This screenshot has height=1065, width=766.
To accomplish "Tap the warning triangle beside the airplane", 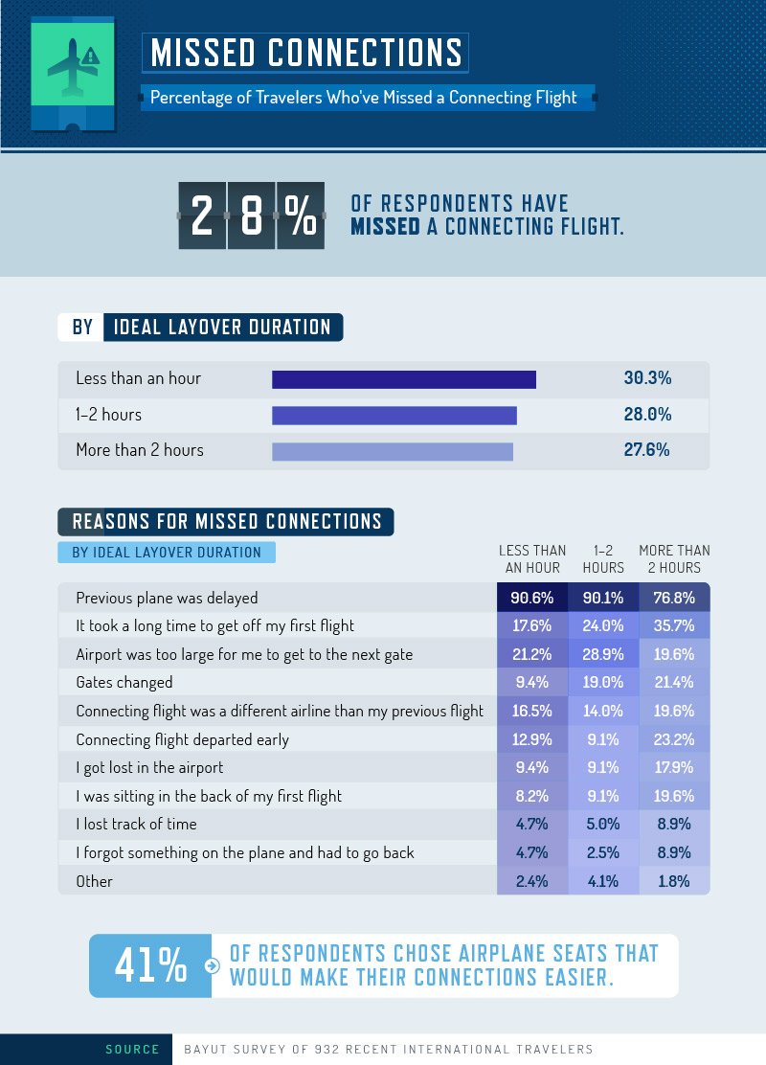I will (91, 56).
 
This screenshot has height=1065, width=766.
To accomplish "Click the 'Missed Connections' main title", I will (306, 52).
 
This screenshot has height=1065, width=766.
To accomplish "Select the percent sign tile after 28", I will (300, 216).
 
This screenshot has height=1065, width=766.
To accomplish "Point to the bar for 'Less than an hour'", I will (403, 379).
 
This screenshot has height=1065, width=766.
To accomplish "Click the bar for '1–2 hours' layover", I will (394, 416).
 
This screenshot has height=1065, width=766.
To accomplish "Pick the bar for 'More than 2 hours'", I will (392, 451).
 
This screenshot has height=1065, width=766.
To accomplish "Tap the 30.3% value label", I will (647, 378).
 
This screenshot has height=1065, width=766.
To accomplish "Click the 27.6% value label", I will (647, 450).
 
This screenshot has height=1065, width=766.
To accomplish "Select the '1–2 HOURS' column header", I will (603, 559).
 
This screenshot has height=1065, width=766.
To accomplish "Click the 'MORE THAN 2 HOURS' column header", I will (674, 559).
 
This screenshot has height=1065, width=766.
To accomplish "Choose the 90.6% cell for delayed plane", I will (532, 598).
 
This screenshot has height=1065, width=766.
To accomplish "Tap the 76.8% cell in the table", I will (674, 598).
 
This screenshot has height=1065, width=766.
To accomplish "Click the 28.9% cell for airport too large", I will (603, 654).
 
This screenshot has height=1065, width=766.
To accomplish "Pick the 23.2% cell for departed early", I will (674, 739).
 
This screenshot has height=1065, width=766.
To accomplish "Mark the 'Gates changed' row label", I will (124, 683).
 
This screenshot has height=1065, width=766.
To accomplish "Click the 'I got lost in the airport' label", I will (149, 768).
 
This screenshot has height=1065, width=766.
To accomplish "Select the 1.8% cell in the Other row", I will (674, 881).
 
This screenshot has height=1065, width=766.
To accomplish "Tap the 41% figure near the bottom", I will (150, 966).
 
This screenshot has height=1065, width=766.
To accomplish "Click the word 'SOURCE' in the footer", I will (132, 1050).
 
